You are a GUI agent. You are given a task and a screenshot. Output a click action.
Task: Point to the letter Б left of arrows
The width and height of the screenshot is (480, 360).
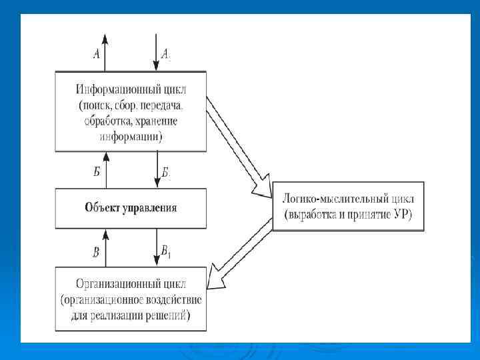[x=97, y=172]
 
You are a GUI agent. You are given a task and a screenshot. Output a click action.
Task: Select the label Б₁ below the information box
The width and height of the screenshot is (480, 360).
[x=166, y=174]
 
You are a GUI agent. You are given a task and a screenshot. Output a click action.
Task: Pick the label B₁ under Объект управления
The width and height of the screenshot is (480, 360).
[x=167, y=251]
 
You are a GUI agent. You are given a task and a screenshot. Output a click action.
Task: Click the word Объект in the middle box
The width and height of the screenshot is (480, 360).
[x=101, y=207]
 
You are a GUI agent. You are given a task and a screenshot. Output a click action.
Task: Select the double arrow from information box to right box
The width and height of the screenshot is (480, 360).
[x=239, y=147]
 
